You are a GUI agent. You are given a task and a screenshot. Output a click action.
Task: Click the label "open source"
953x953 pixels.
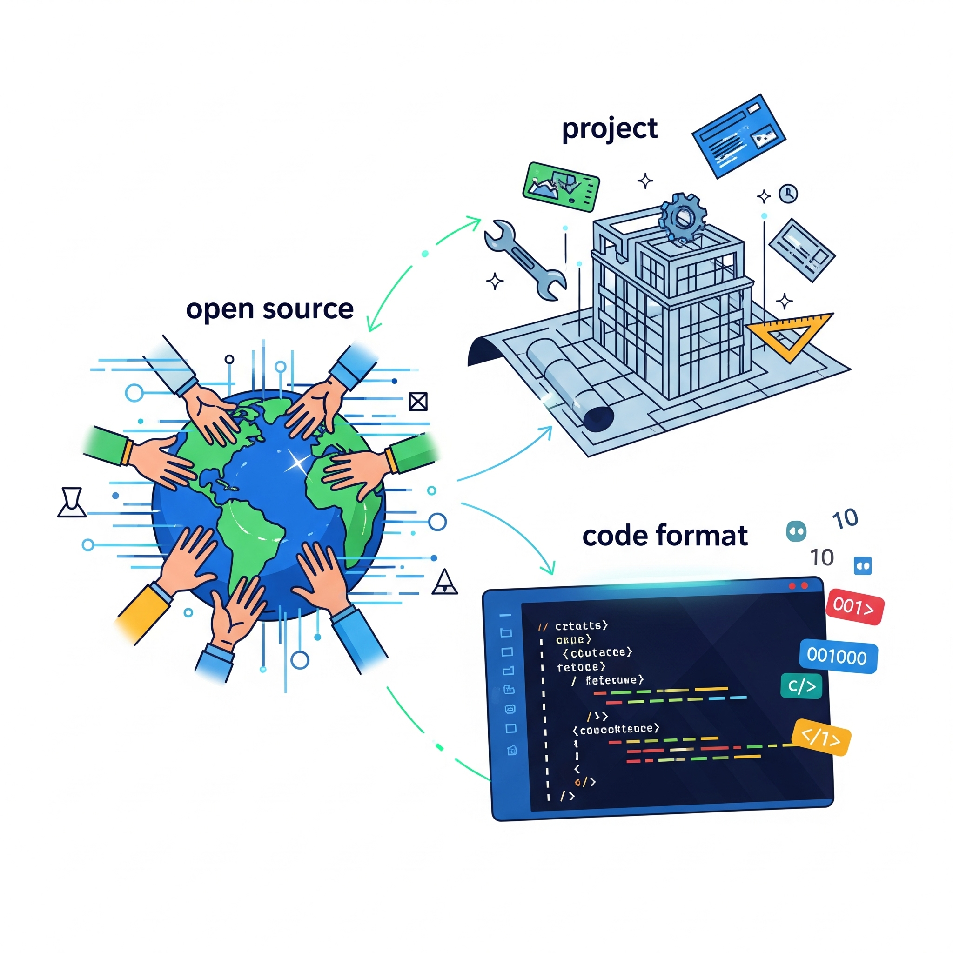tap(269, 310)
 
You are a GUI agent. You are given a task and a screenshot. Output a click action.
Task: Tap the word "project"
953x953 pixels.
tap(610, 129)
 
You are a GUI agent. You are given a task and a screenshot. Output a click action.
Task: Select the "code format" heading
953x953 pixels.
tap(664, 536)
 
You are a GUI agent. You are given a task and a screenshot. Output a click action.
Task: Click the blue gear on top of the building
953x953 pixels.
tap(683, 216)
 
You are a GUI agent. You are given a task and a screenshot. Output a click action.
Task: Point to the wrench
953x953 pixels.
tap(525, 260)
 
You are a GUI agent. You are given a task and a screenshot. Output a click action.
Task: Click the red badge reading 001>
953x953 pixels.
tap(855, 606)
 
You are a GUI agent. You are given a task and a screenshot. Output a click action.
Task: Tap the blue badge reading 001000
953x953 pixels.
tap(837, 657)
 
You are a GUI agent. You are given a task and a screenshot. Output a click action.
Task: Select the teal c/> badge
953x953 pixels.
tap(801, 686)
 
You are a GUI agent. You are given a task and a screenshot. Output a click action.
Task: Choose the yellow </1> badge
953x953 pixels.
tap(821, 738)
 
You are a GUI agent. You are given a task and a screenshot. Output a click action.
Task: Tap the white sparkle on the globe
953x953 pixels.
tap(298, 463)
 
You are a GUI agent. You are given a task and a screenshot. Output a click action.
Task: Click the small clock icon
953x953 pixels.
tap(788, 193)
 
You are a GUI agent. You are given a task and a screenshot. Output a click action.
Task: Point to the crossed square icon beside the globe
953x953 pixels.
tap(418, 402)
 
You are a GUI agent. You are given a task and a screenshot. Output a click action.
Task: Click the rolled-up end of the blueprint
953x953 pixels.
tap(598, 417)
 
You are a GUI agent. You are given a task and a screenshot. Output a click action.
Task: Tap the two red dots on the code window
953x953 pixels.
tap(798, 585)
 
